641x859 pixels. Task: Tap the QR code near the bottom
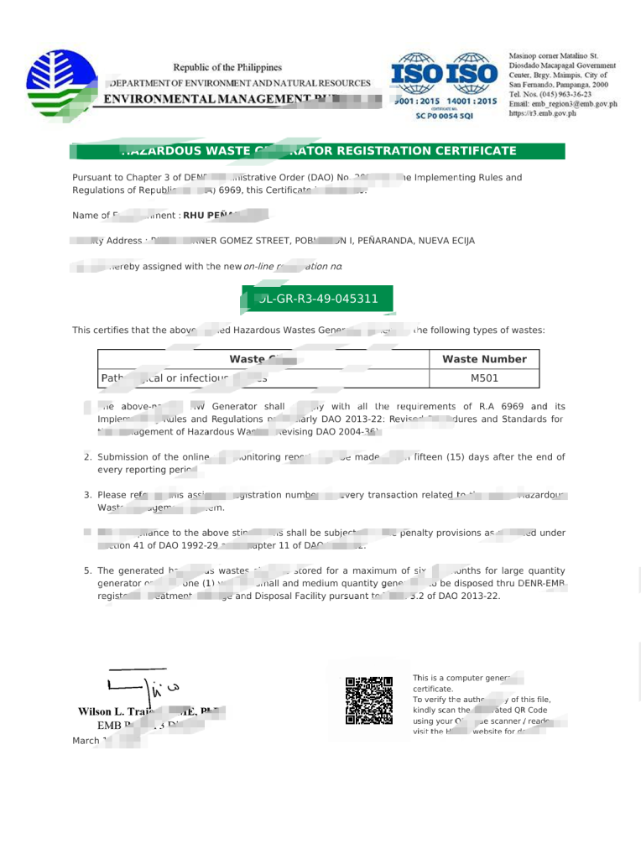pyautogui.click(x=369, y=700)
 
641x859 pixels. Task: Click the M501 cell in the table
pyautogui.click(x=484, y=378)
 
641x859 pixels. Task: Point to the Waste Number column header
pyautogui.click(x=484, y=359)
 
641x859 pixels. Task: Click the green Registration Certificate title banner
pyautogui.click(x=319, y=151)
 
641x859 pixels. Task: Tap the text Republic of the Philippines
pyautogui.click(x=227, y=67)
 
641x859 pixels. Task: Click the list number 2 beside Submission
pyautogui.click(x=87, y=457)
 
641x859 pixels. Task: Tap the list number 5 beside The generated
pyautogui.click(x=87, y=570)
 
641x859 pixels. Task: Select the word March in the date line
pyautogui.click(x=86, y=741)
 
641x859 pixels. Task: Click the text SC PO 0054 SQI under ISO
pyautogui.click(x=445, y=116)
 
